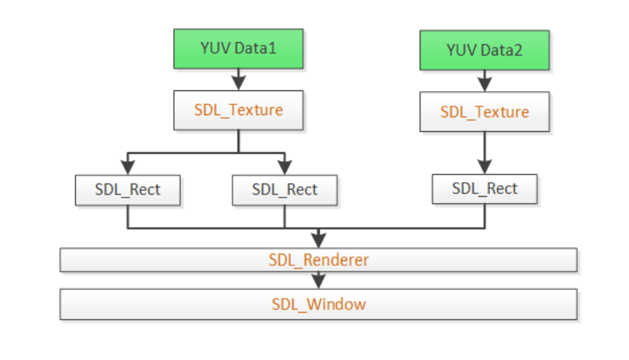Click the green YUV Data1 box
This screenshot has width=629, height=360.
tap(238, 49)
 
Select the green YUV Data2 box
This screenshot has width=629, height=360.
tap(485, 50)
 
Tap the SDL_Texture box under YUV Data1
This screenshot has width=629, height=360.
tap(238, 110)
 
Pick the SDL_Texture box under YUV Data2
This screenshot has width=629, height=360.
tap(485, 111)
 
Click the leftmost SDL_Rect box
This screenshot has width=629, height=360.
tap(128, 190)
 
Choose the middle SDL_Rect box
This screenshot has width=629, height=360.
tap(285, 190)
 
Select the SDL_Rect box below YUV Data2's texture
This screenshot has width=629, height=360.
tap(485, 189)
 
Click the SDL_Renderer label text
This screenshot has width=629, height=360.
tap(319, 260)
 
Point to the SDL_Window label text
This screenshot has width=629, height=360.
tap(319, 305)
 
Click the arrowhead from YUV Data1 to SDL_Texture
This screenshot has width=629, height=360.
tap(238, 83)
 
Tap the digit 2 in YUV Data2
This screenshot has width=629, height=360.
tap(517, 50)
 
